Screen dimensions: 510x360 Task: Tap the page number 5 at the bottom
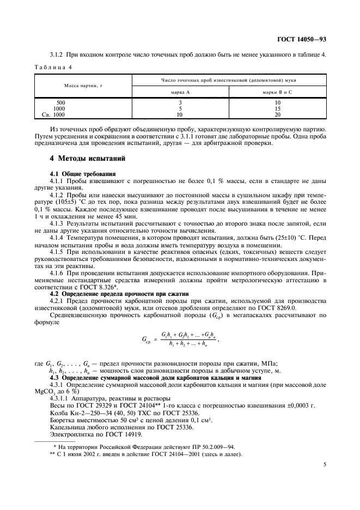325,465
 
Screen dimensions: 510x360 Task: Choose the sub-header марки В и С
277,92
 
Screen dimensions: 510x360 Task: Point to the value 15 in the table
277,108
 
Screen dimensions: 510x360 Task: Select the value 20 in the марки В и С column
277,115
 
